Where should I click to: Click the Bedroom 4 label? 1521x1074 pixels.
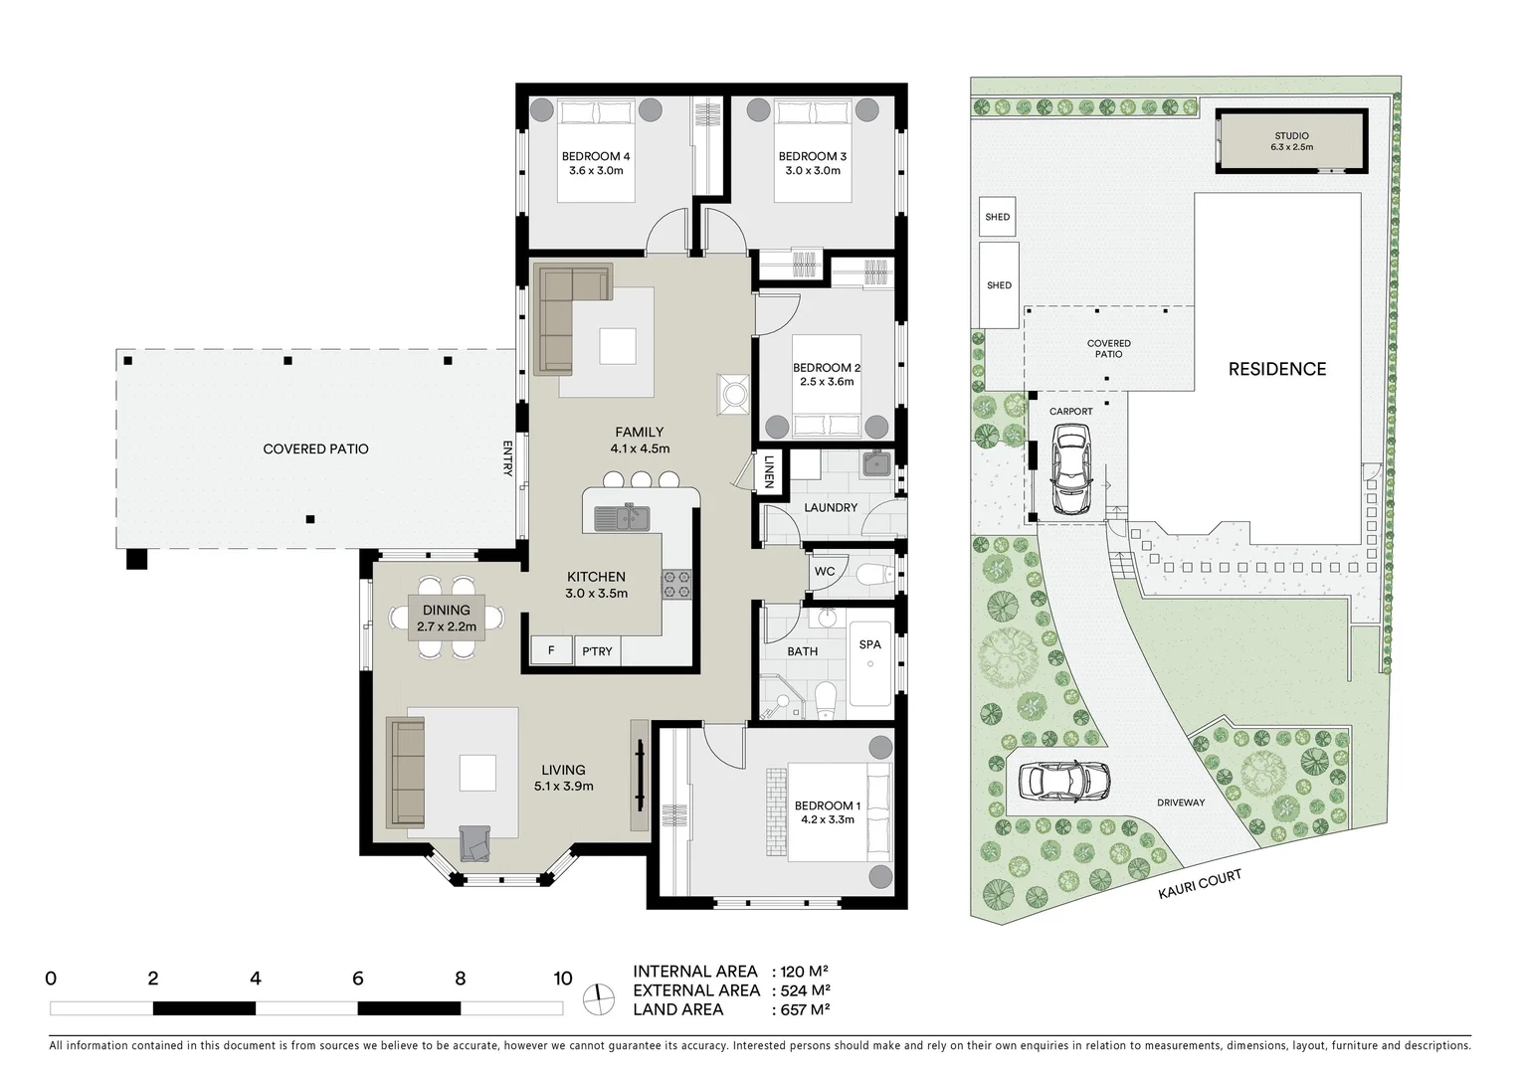pyautogui.click(x=595, y=156)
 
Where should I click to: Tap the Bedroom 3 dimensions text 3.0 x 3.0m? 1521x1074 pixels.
pyautogui.click(x=813, y=171)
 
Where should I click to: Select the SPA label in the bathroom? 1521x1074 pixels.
pyautogui.click(x=869, y=644)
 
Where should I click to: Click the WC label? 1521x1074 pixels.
pyautogui.click(x=825, y=572)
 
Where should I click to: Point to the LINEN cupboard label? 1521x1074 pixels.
pyautogui.click(x=769, y=472)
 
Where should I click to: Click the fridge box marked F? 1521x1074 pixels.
pyautogui.click(x=550, y=650)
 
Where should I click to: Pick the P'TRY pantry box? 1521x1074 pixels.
pyautogui.click(x=597, y=651)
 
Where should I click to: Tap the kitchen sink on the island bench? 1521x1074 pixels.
pyautogui.click(x=622, y=518)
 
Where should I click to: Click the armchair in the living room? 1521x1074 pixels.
pyautogui.click(x=475, y=843)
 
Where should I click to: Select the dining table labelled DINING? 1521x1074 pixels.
pyautogui.click(x=446, y=618)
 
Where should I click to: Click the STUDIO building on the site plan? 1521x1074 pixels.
pyautogui.click(x=1291, y=141)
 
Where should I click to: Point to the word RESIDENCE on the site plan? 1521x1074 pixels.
pyautogui.click(x=1276, y=369)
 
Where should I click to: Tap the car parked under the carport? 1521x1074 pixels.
pyautogui.click(x=1070, y=468)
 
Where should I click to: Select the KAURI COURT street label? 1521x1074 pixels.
pyautogui.click(x=1200, y=884)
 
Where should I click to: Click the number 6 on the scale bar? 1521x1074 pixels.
pyautogui.click(x=357, y=979)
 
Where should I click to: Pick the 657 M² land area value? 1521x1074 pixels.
pyautogui.click(x=802, y=1009)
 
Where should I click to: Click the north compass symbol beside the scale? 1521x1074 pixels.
pyautogui.click(x=599, y=998)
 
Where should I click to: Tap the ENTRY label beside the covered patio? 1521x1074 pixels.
pyautogui.click(x=507, y=458)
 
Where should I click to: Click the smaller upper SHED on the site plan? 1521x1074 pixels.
pyautogui.click(x=997, y=217)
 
